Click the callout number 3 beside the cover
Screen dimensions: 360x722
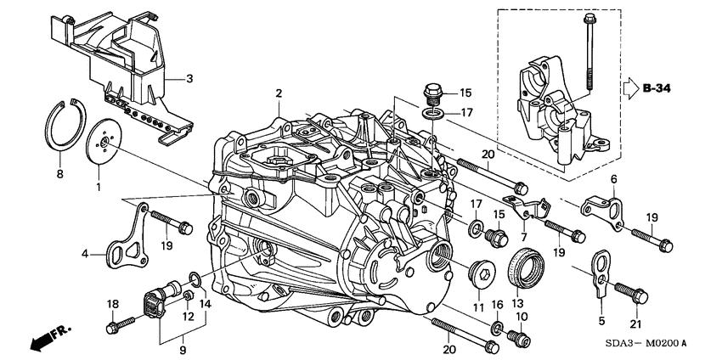point(189,79)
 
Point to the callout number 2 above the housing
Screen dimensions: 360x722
point(277,93)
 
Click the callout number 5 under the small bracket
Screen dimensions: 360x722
point(603,320)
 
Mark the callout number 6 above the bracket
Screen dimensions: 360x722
point(612,178)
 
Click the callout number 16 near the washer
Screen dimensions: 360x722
point(498,304)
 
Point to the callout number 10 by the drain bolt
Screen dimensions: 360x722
point(522,316)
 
